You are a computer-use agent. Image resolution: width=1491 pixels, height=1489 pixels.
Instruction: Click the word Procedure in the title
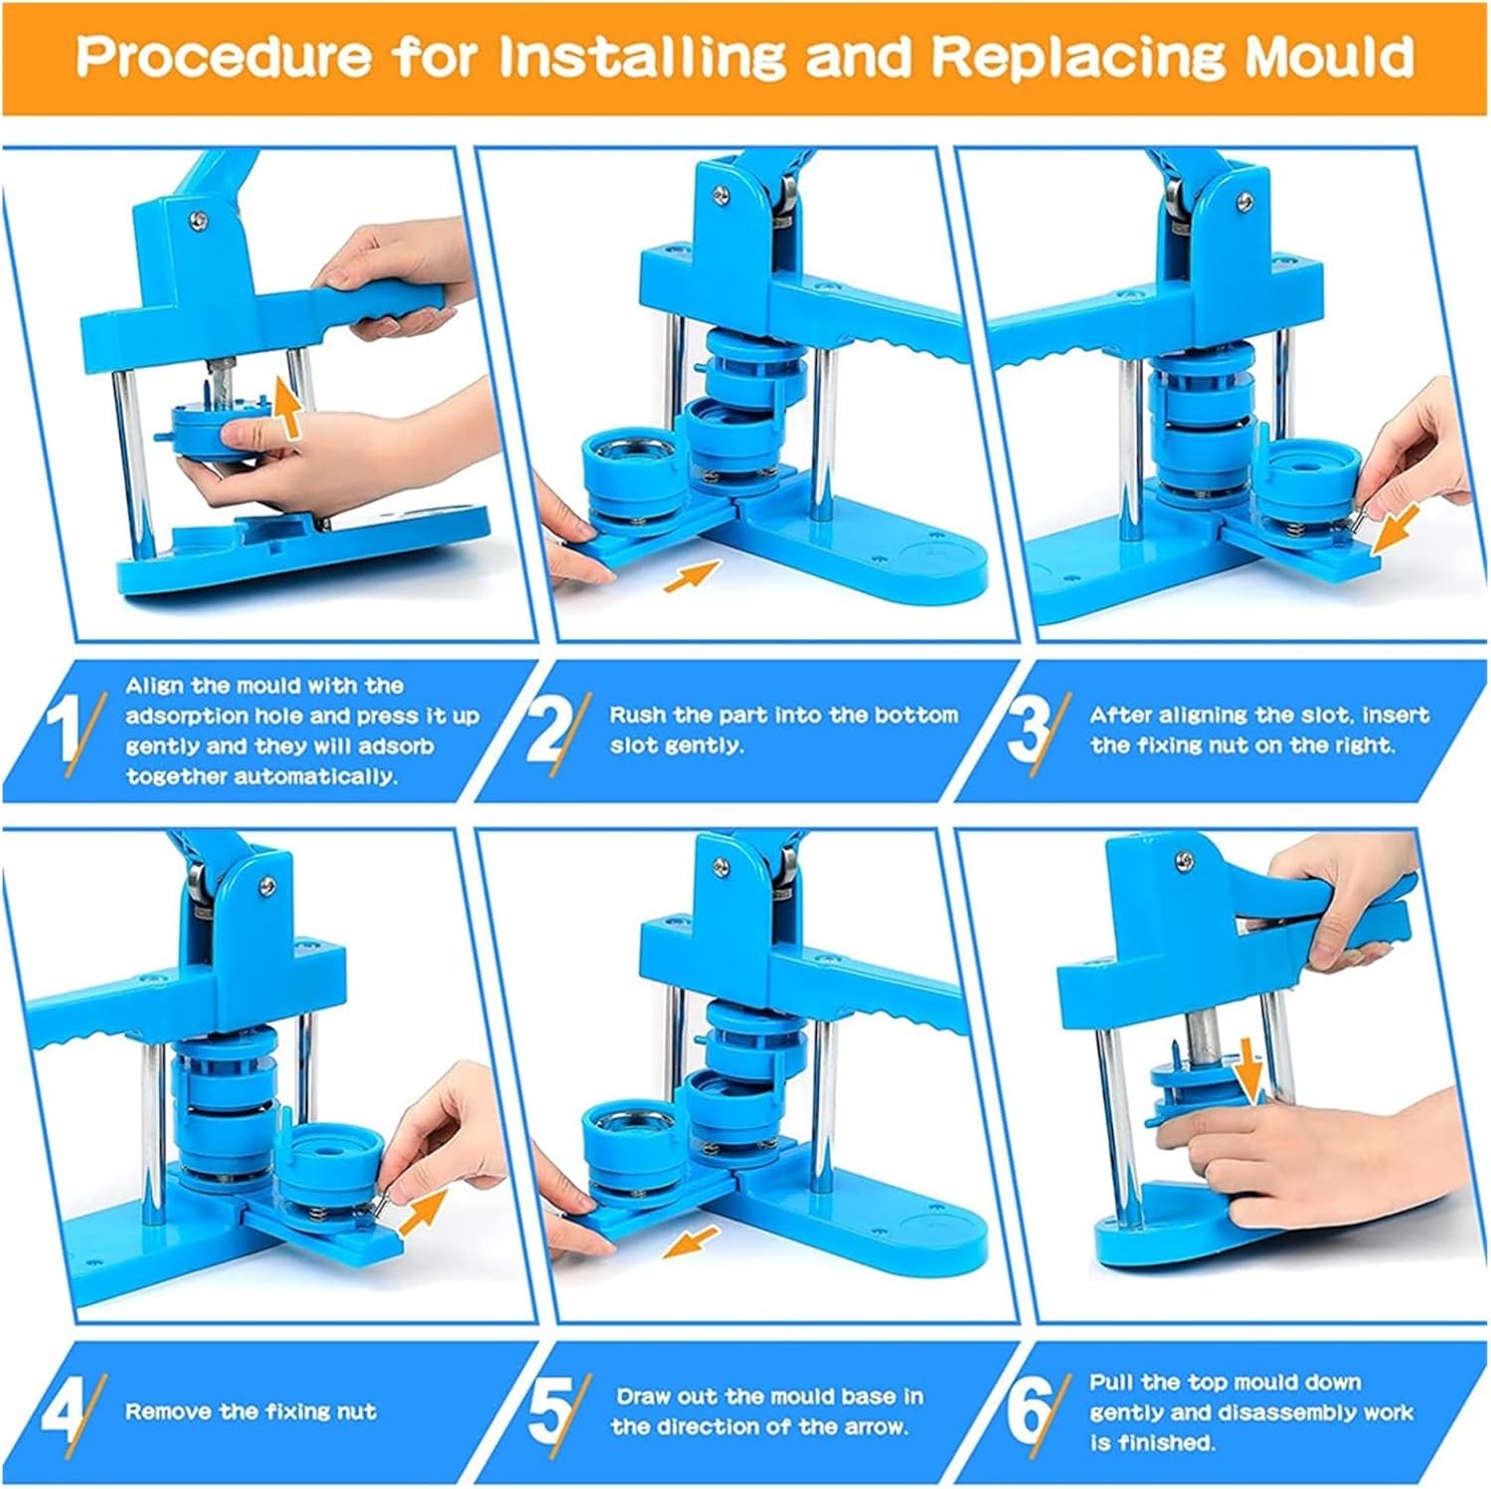coord(224,57)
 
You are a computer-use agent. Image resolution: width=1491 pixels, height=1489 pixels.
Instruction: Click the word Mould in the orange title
coord(1329,57)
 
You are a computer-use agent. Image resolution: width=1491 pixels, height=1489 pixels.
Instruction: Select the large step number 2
coord(547,731)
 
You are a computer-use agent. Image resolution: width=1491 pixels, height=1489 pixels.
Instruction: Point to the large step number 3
coord(1028,731)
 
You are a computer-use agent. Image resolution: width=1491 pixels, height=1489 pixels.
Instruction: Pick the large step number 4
coord(62,1411)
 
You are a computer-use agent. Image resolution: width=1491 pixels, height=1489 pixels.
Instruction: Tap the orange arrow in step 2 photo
coord(692,576)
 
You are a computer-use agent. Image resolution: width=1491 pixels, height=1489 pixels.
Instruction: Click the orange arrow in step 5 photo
coord(690,1241)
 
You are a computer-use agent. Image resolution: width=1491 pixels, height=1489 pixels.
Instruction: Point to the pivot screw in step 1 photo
coord(202,218)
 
